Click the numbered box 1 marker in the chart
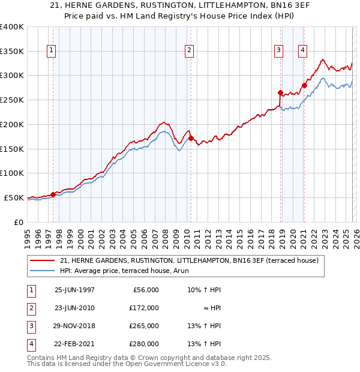pos(52,51)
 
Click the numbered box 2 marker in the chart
pos(189,51)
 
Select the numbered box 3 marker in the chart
pos(279,51)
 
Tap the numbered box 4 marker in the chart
pos(303,51)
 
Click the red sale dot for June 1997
pos(53,194)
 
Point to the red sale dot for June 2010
pos(191,138)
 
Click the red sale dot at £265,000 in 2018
pos(280,92)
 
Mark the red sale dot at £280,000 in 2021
pos(304,85)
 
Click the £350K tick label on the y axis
pos(11,52)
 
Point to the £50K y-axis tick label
pos(14,197)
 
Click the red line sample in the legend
pos(43,260)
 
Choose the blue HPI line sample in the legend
pos(43,271)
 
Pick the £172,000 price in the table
pos(143,308)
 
